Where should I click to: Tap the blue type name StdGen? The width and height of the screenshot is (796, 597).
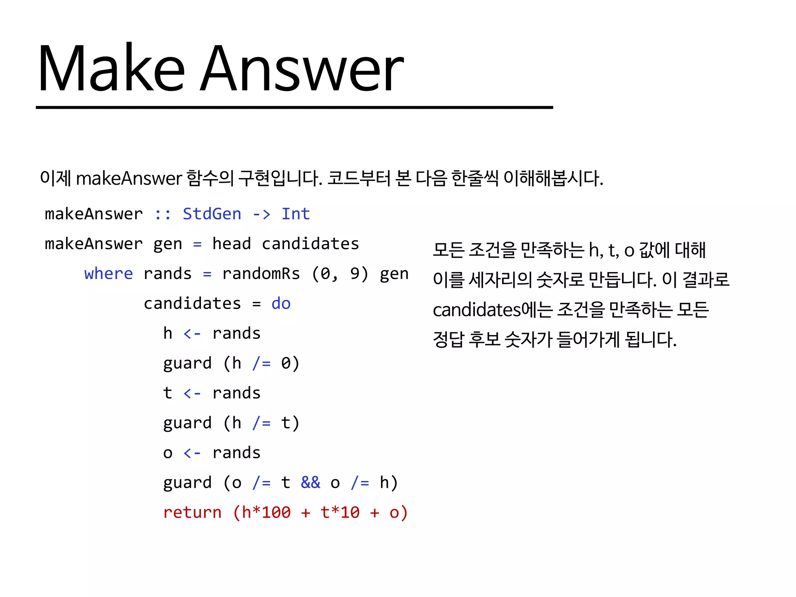coord(212,214)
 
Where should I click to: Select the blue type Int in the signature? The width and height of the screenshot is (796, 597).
coord(295,214)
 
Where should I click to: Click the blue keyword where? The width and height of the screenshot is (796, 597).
coord(108,274)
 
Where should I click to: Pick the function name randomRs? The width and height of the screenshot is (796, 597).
coord(261,274)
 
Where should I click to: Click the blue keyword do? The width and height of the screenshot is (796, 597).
coord(281,304)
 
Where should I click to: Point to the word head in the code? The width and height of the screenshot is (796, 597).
coord(232,244)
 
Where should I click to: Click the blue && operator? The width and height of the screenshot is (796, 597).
coord(311,483)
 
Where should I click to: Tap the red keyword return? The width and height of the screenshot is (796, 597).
coord(192,513)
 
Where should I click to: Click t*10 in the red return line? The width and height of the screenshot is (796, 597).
coord(340,513)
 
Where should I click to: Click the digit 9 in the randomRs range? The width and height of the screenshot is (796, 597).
coord(354,274)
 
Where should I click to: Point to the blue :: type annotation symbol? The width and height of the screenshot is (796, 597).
coord(162,214)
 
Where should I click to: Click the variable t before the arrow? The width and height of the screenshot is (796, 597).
coord(168,393)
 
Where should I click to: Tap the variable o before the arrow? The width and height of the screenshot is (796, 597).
coord(168,453)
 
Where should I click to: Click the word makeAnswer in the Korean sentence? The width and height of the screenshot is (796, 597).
coord(129,178)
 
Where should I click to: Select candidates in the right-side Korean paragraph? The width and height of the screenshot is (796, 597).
coord(477,310)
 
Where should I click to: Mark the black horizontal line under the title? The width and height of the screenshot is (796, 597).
coord(294,107)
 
